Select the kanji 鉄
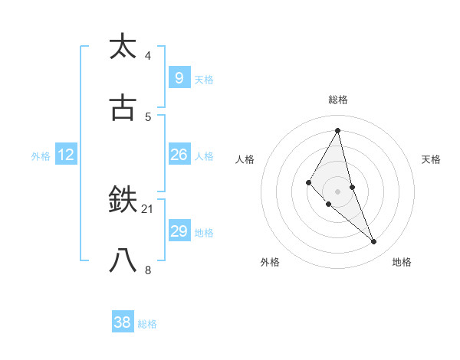pos(123,201)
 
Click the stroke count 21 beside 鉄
pos(149,208)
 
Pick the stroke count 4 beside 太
pos(148,56)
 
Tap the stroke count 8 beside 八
pos(148,270)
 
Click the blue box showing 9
pos(179,78)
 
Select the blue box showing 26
pos(179,155)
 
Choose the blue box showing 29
pos(179,231)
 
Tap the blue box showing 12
pos(66,155)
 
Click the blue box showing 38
pos(122,322)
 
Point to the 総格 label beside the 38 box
pos(147,324)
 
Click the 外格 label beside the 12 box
pos(41,156)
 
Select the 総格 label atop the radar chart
pos(337,100)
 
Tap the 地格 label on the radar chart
pos(402,262)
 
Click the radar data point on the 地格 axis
pos(374,242)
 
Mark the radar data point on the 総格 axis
pos(337,129)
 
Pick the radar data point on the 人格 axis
pos(308,182)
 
